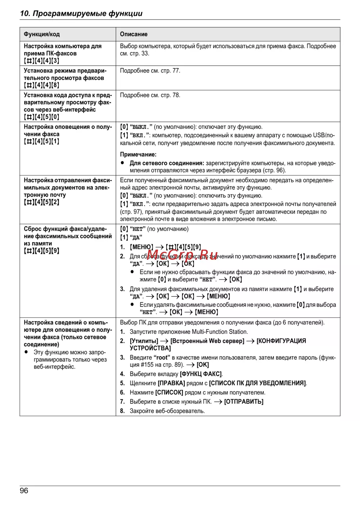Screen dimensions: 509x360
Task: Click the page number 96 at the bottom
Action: pyautogui.click(x=24, y=491)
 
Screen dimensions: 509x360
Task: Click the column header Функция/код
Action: pyautogui.click(x=42, y=34)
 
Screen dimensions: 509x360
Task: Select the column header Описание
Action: pyautogui.click(x=134, y=34)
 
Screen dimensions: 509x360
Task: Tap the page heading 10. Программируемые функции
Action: pyautogui.click(x=81, y=13)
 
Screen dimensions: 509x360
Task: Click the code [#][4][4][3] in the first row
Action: pyautogui.click(x=41, y=61)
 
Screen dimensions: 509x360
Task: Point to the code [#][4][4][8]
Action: pyautogui.click(x=41, y=85)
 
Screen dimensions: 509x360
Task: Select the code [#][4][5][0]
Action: pyautogui.click(x=41, y=117)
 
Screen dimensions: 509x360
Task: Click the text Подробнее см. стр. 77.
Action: pyautogui.click(x=150, y=71)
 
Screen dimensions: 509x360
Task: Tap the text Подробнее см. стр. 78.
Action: pyautogui.click(x=150, y=95)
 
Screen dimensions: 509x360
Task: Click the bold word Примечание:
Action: pyautogui.click(x=138, y=155)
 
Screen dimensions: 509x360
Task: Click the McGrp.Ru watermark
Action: pyautogui.click(x=183, y=255)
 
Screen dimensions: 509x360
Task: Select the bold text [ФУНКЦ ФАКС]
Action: pyautogui.click(x=201, y=374)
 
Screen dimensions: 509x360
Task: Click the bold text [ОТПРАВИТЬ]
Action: pyautogui.click(x=244, y=402)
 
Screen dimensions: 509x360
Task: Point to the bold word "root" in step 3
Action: pyautogui.click(x=162, y=358)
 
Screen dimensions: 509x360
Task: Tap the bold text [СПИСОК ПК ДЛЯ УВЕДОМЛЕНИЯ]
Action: pyautogui.click(x=257, y=383)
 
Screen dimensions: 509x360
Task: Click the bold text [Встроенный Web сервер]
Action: pyautogui.click(x=207, y=341)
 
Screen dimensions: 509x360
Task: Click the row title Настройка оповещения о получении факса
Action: pyautogui.click(x=68, y=130)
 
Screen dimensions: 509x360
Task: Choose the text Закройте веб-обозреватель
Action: pyautogui.click(x=167, y=411)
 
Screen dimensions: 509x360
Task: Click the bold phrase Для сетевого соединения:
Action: pyautogui.click(x=167, y=163)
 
